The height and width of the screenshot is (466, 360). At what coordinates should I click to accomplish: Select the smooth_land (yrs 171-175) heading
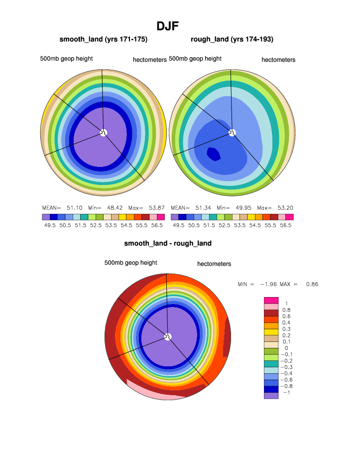point(104,39)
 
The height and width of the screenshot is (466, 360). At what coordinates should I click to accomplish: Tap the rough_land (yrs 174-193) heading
point(232,39)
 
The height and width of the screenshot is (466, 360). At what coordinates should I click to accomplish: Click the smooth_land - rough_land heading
point(168,243)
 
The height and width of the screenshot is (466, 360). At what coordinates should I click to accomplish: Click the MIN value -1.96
point(264,284)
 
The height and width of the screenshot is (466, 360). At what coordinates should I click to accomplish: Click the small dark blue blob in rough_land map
point(213,154)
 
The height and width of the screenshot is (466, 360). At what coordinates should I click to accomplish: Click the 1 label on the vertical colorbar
point(286,304)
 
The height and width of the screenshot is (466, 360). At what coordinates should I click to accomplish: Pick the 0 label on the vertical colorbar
point(286,348)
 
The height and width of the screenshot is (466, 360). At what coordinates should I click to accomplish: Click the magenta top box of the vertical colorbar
point(271,300)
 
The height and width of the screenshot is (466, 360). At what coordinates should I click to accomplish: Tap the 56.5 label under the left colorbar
point(158,225)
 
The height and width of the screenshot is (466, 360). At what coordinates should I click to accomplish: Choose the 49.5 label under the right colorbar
point(179,225)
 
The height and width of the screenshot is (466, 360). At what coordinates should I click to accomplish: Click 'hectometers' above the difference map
point(214,264)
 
